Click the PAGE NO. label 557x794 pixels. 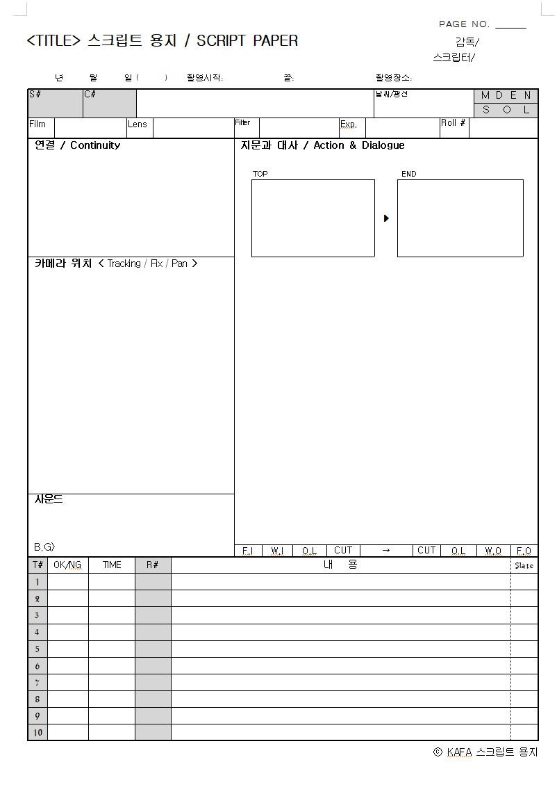(464, 24)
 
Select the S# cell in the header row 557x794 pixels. (55, 103)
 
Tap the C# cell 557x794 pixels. (110, 103)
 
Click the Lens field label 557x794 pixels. (138, 124)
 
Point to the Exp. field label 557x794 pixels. (349, 125)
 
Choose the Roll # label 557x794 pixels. (454, 123)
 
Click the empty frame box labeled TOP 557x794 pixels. (313, 218)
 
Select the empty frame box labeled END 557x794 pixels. (460, 218)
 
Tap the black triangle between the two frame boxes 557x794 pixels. (386, 218)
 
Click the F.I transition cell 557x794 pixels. (247, 551)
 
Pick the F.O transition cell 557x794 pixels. (524, 551)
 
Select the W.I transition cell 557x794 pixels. (277, 551)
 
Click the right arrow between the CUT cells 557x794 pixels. (386, 551)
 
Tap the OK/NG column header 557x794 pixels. (67, 565)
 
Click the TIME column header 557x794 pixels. (112, 565)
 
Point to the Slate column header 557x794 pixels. (524, 566)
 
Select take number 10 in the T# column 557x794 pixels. (38, 733)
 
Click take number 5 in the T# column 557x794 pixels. (38, 649)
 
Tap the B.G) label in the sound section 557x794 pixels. (44, 547)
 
